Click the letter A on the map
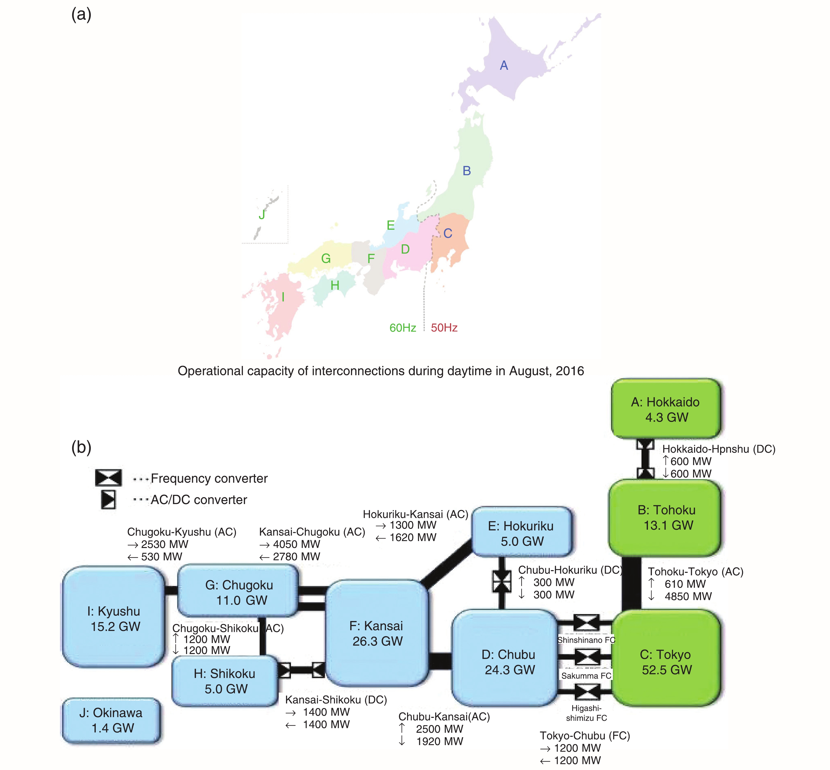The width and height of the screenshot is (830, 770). (504, 65)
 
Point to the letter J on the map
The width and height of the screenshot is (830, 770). (262, 215)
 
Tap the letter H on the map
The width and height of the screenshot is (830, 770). (335, 285)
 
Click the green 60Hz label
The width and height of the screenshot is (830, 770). (403, 328)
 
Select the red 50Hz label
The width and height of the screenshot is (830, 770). (444, 328)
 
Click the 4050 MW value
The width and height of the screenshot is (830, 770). (296, 544)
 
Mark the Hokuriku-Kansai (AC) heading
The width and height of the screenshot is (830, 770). (415, 514)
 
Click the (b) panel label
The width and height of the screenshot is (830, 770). (81, 447)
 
